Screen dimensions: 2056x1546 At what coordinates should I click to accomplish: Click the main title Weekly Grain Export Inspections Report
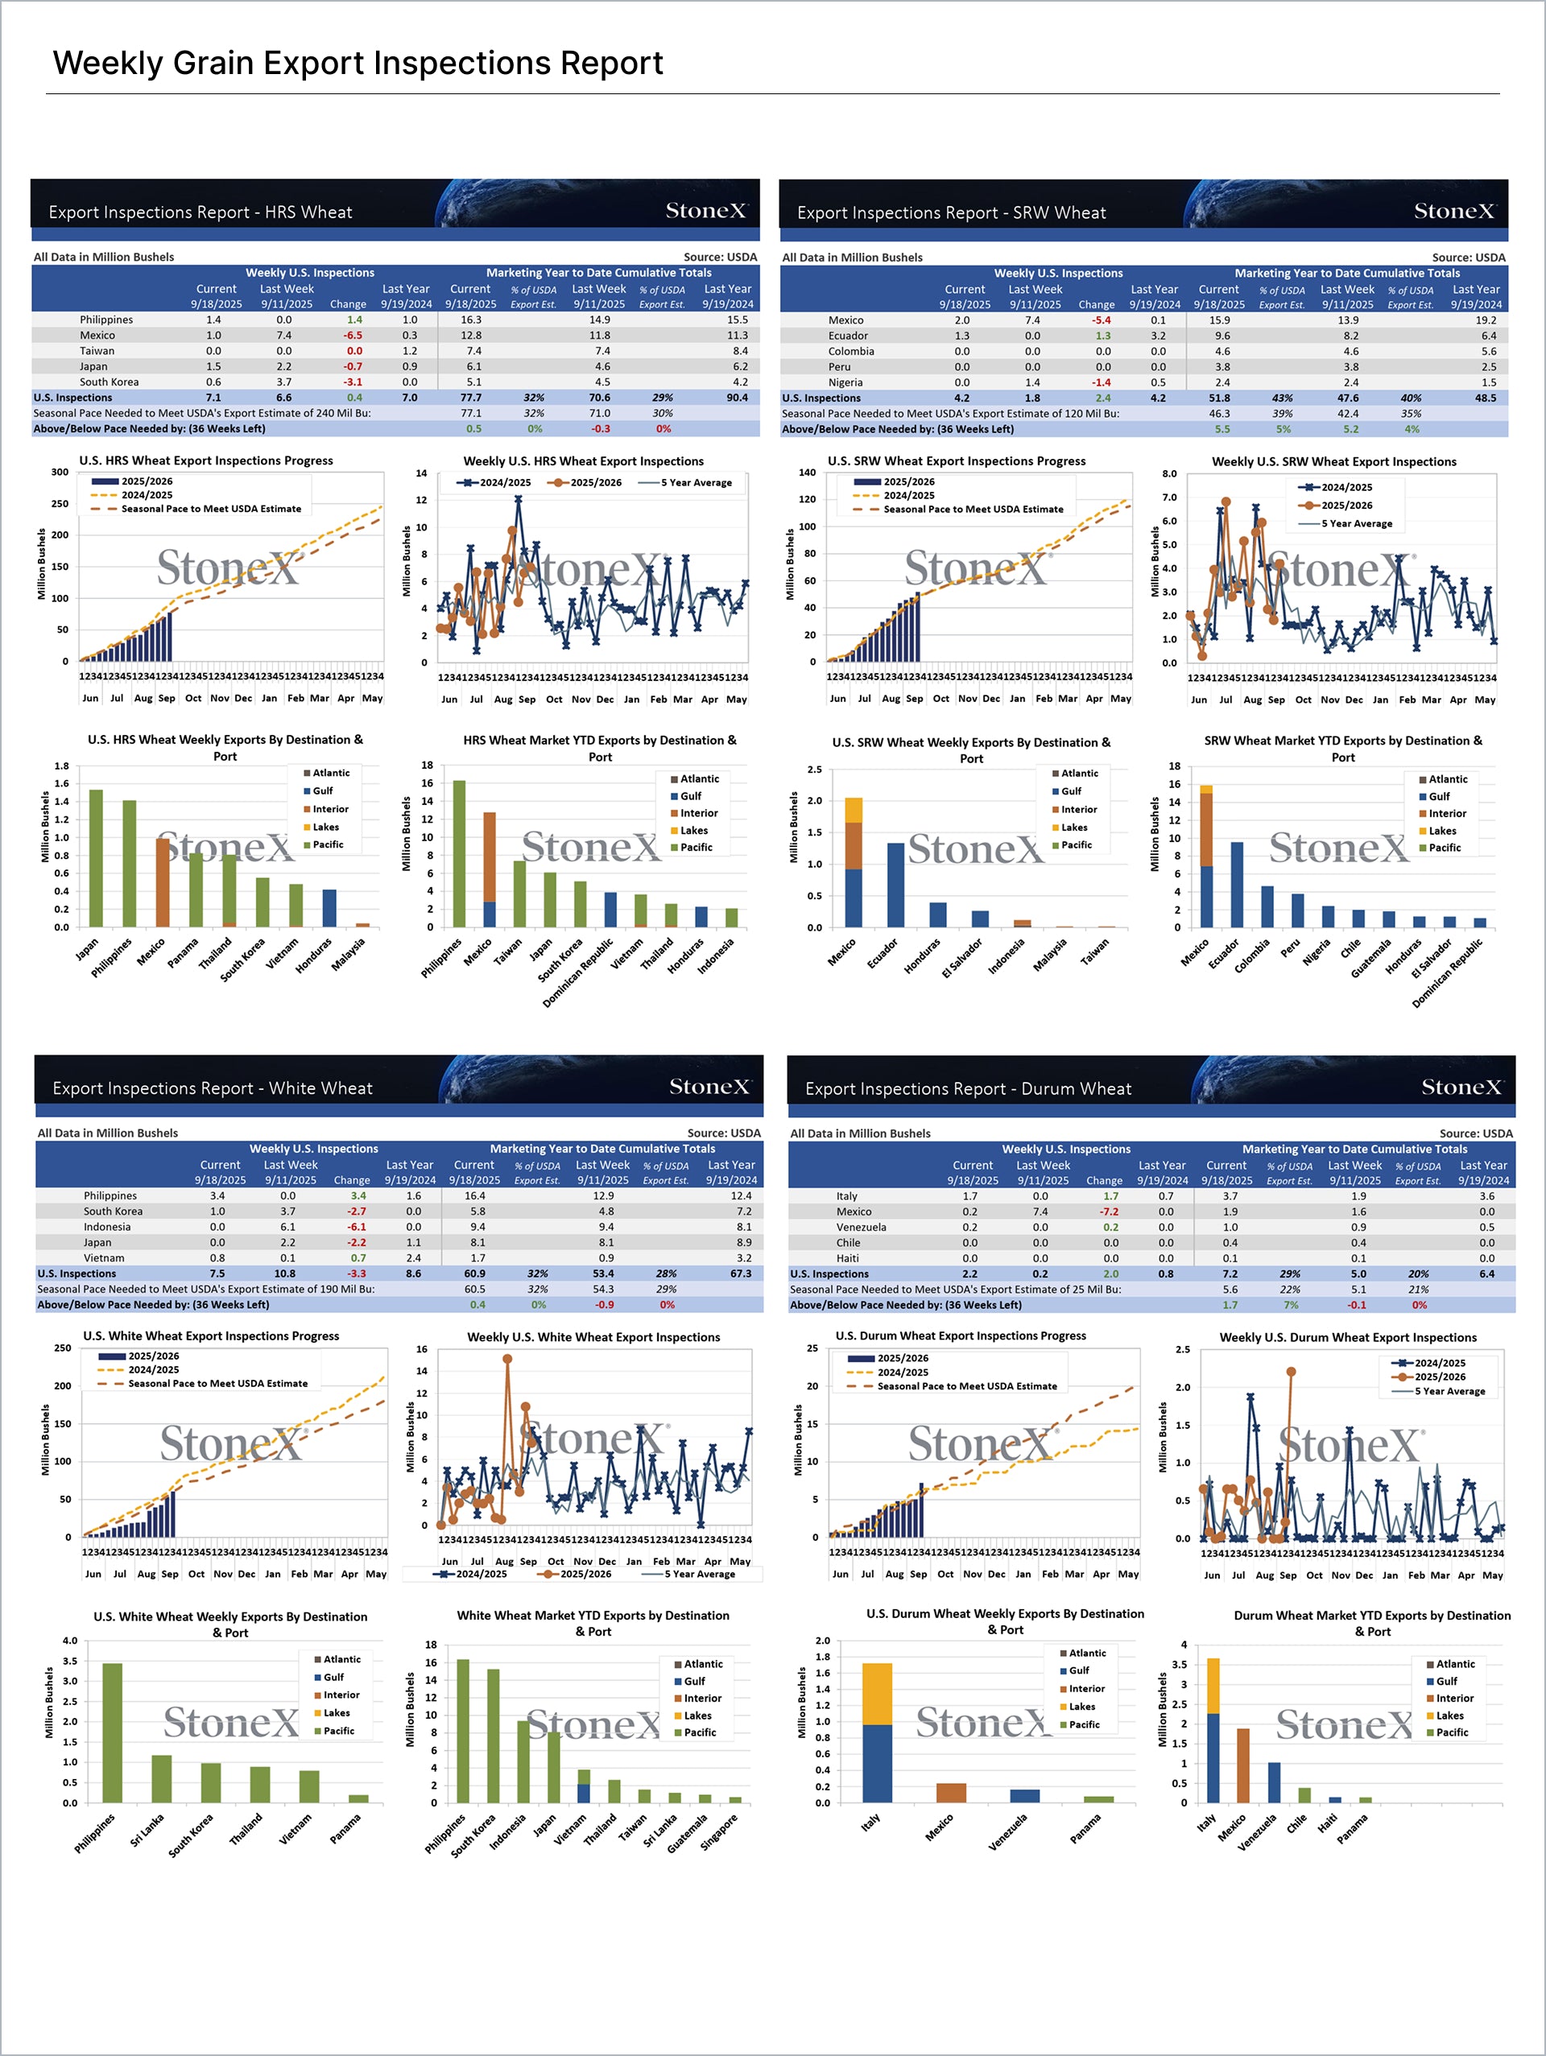358,64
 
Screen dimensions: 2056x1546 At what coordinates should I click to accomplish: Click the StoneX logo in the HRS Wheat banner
705,211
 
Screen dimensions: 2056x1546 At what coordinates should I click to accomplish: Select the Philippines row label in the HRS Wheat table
106,320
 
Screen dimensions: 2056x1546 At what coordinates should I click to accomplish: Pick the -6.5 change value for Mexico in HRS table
353,336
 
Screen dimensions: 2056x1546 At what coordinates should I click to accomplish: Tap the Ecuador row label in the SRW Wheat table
848,336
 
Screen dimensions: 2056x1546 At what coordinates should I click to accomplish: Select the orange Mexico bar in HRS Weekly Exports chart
163,882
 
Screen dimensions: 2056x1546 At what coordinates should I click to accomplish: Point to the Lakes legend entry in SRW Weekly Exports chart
1073,828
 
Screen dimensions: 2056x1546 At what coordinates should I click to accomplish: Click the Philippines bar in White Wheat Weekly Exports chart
113,1732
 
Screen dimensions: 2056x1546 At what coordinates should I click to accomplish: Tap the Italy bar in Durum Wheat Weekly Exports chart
877,1732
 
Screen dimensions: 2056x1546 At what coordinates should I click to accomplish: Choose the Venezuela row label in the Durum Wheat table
861,1227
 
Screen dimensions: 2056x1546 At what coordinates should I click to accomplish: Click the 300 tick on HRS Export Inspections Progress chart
60,473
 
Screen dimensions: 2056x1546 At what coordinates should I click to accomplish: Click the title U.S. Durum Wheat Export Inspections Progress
961,1336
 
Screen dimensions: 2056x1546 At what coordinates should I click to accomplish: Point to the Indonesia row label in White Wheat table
107,1227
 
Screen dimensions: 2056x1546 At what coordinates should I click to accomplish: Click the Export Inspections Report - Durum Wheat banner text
968,1088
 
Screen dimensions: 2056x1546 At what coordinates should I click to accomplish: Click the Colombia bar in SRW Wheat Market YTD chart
1267,906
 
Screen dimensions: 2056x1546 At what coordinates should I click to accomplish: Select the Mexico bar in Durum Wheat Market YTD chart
1243,1765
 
